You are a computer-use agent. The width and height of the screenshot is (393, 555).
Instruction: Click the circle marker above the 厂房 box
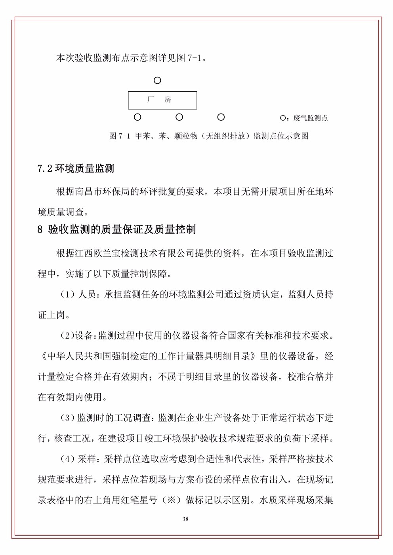point(157,81)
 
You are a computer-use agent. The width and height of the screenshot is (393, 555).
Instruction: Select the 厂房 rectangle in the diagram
point(162,100)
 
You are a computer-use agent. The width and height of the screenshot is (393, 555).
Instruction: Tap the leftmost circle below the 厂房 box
point(137,117)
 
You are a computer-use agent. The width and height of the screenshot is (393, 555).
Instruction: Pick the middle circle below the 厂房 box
point(179,117)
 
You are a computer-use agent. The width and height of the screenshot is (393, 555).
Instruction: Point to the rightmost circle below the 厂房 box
point(221,117)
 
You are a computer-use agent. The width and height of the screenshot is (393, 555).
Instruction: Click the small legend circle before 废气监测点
point(282,118)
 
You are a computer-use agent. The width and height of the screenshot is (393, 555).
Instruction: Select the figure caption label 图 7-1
point(119,136)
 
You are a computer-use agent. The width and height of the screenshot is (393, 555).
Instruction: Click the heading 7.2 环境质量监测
point(76,169)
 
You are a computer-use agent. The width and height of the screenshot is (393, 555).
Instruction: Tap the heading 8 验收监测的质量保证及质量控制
point(116,229)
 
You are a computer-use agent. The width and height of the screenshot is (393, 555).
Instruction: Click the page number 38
point(185,519)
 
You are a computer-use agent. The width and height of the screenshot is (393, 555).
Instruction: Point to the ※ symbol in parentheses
point(171,500)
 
